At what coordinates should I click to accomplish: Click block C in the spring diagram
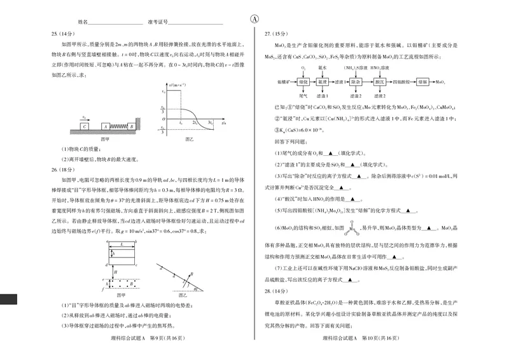[x=83, y=127]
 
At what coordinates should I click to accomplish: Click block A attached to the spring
[x=106, y=127]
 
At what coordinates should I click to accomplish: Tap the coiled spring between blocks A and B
[x=118, y=127]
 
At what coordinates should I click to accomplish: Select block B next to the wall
[x=130, y=127]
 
